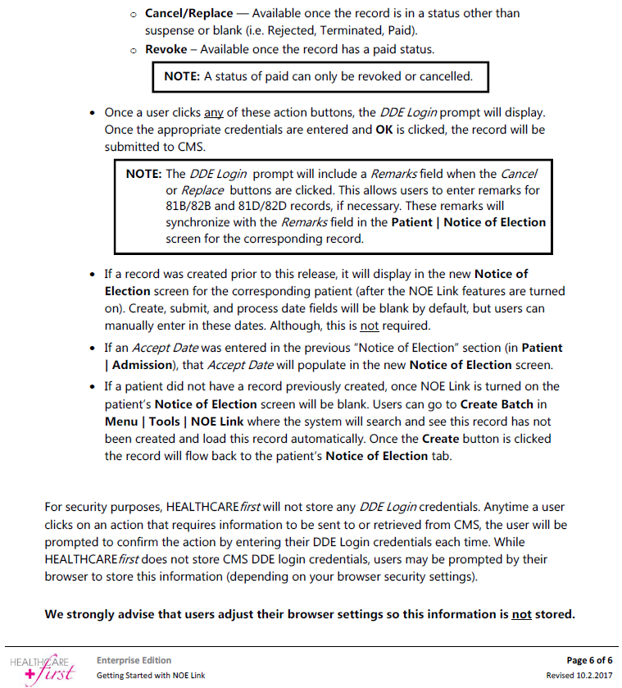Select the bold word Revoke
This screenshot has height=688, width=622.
(x=168, y=49)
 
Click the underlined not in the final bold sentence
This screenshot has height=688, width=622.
(x=521, y=613)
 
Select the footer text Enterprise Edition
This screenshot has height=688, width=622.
(x=134, y=660)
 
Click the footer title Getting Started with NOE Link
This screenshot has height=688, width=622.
(x=150, y=675)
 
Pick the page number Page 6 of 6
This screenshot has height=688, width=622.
(x=589, y=660)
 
